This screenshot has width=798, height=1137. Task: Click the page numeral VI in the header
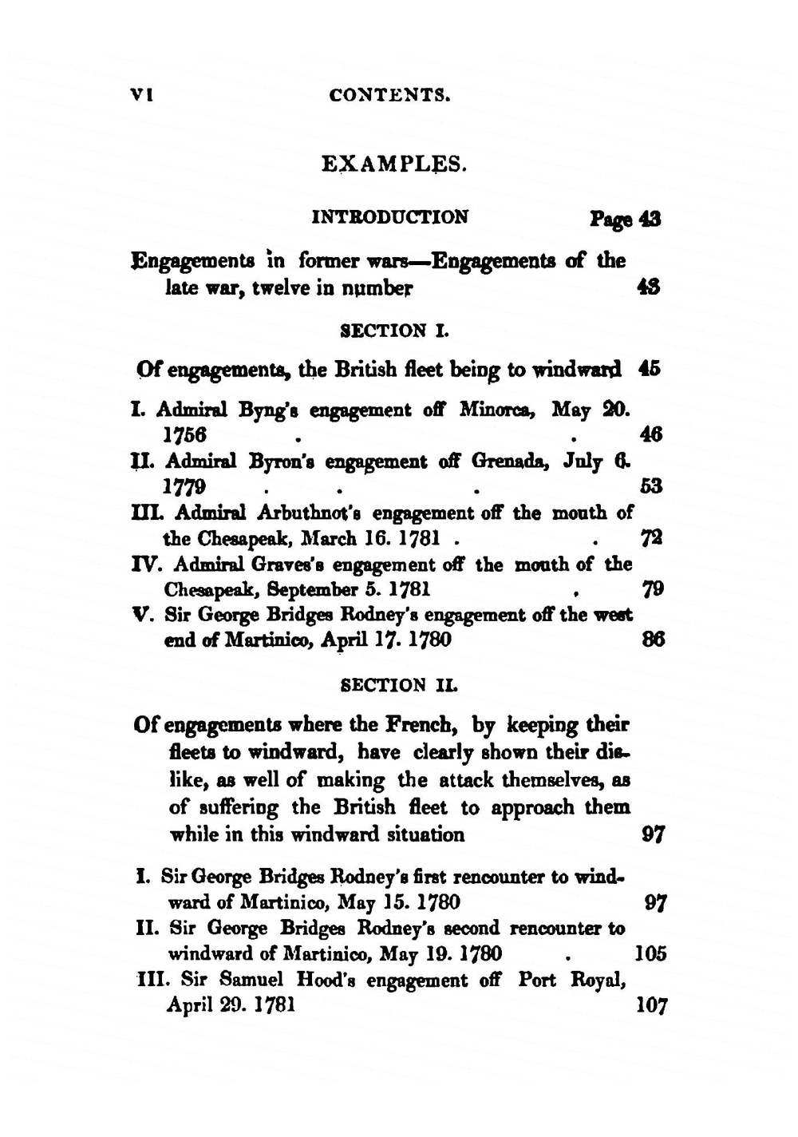[x=141, y=94]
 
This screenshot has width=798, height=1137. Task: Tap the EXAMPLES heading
[x=393, y=164]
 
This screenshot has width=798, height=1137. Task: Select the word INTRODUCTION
[x=389, y=217]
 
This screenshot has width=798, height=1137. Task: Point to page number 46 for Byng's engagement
[x=651, y=435]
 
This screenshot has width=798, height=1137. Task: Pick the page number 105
[x=650, y=954]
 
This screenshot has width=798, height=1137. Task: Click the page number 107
[x=651, y=1005]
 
